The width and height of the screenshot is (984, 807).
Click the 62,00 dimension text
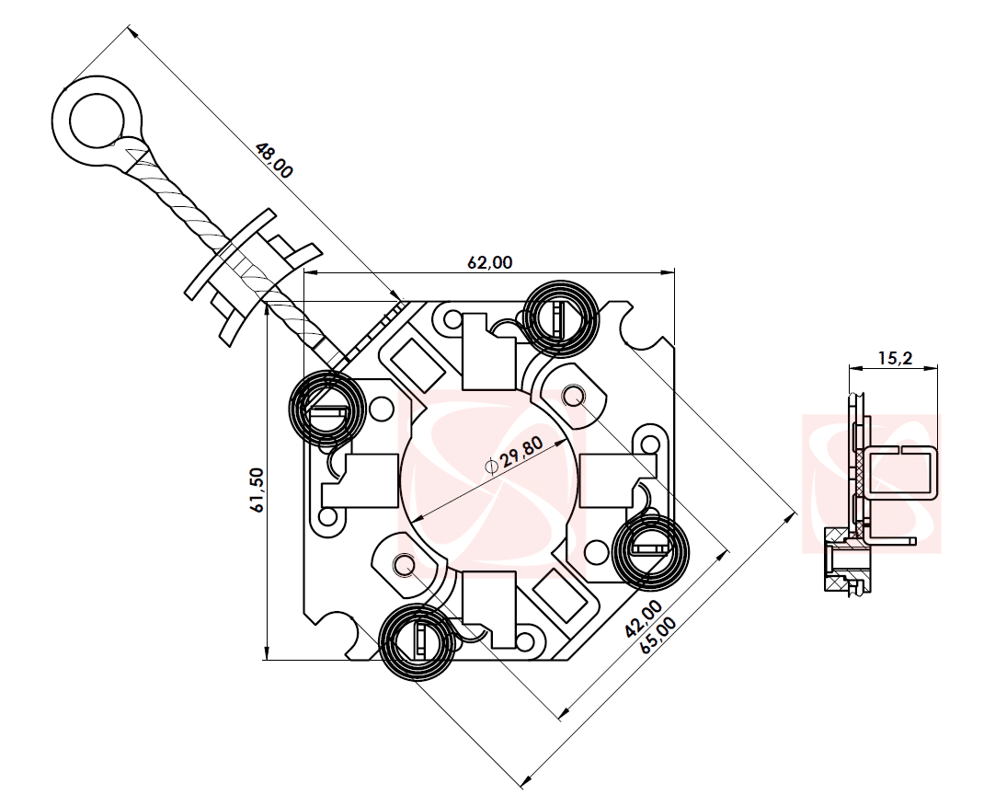tap(489, 262)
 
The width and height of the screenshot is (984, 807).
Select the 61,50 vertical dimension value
tap(257, 489)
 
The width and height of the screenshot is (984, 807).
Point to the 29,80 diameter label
tap(521, 452)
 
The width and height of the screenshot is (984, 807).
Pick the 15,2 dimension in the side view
tap(894, 358)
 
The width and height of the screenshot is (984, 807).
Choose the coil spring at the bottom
tap(416, 641)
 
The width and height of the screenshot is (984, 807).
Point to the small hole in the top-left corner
tap(452, 319)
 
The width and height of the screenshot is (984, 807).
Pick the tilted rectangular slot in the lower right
tap(561, 594)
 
